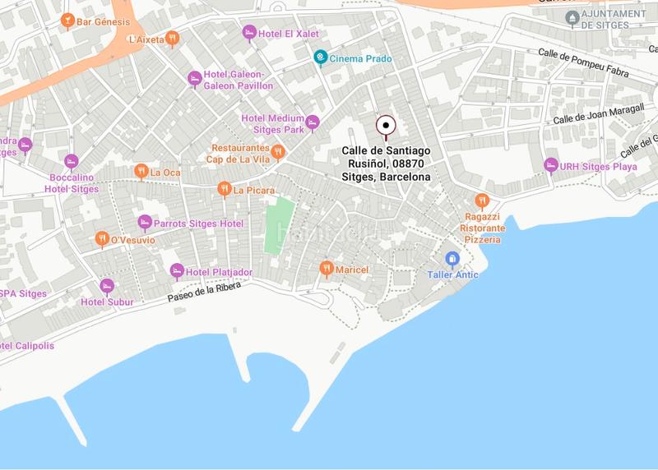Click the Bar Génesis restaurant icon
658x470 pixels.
tap(67, 21)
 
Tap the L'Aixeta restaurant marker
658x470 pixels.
tap(171, 38)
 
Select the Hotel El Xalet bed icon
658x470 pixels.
tap(249, 32)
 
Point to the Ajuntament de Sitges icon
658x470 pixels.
tap(572, 16)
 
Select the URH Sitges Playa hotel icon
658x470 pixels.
tap(551, 165)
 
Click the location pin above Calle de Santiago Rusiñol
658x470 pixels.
tap(386, 126)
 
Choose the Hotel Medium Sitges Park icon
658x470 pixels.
tap(312, 123)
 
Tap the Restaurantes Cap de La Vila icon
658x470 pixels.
tap(278, 152)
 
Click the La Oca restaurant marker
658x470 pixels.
tap(141, 172)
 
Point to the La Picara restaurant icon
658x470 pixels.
tap(224, 190)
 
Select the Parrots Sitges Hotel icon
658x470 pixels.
tap(145, 223)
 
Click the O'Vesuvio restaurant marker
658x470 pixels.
tap(101, 239)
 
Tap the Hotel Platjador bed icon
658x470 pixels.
tap(177, 271)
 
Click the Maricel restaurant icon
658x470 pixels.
tap(327, 269)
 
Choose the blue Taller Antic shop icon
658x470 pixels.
tap(452, 259)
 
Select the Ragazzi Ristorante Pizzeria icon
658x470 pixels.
tap(482, 200)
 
